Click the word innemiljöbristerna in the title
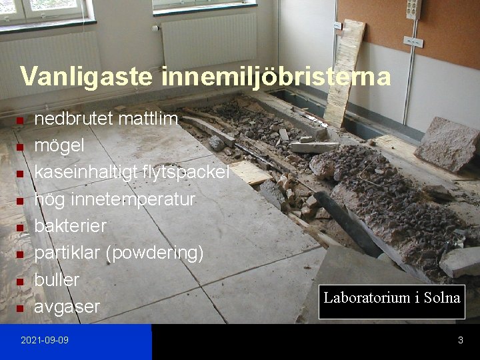coord(275,76)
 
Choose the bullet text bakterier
coord(70,226)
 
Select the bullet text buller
coord(57,279)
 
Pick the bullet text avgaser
coord(67,307)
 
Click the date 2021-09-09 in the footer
coord(45,341)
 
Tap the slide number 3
coord(460,341)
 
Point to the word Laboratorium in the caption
coord(365,297)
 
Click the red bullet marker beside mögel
coord(20,147)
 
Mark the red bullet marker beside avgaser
coord(20,309)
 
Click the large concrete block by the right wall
coord(447,143)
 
